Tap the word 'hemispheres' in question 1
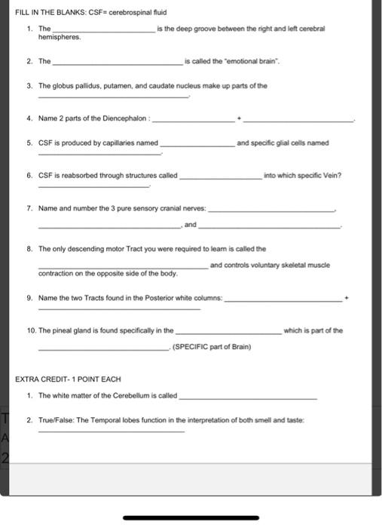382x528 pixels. pos(60,36)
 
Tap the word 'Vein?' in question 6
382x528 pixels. pos(331,175)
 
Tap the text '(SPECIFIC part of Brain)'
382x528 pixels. pos(212,347)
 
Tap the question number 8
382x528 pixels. pos(29,248)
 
